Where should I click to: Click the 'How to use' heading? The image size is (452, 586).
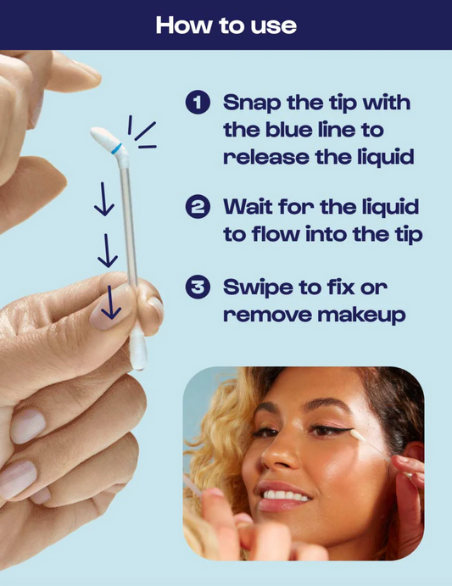point(226,25)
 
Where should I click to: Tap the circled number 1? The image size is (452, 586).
point(198,102)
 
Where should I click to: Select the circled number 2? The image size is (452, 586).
point(198,207)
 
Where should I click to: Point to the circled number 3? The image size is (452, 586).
point(198,287)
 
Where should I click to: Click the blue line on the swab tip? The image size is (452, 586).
point(116,148)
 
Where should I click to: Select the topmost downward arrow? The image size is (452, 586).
point(103,198)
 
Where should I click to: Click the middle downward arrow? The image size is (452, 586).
point(108,250)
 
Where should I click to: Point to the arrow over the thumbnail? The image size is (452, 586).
point(111,303)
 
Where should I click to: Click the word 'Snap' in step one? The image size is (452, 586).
point(252,103)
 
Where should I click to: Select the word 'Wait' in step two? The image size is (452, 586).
point(248,206)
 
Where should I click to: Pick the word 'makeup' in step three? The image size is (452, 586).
point(361,315)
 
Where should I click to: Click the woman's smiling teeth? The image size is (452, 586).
point(286,495)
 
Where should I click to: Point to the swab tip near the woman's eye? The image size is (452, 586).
point(357,435)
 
